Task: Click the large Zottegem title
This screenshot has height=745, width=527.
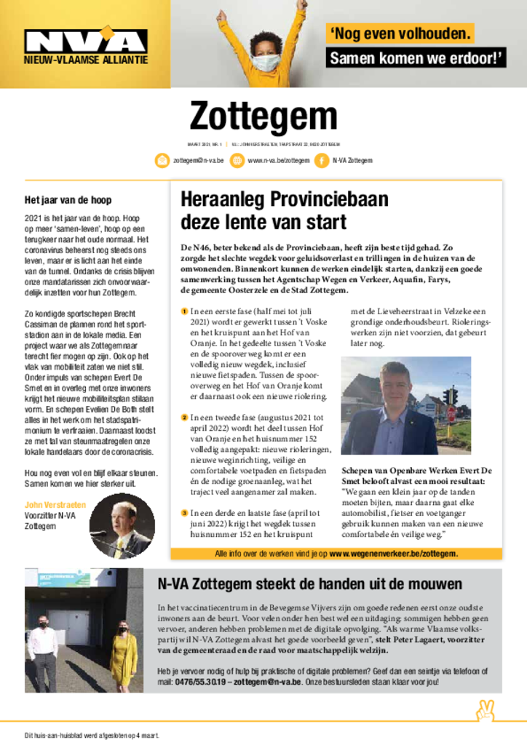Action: pyautogui.click(x=263, y=116)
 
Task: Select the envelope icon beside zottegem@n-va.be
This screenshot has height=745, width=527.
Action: pyautogui.click(x=162, y=160)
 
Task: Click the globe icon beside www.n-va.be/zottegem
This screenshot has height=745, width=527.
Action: pyautogui.click(x=237, y=160)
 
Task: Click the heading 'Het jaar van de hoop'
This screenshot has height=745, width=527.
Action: pyautogui.click(x=68, y=200)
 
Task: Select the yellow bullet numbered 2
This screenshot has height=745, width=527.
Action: pyautogui.click(x=185, y=418)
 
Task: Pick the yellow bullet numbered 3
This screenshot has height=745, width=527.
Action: pyautogui.click(x=185, y=513)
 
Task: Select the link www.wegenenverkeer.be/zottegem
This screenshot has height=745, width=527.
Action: pyautogui.click(x=394, y=554)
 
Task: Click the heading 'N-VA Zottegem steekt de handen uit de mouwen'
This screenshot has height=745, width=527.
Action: pyautogui.click(x=309, y=584)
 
